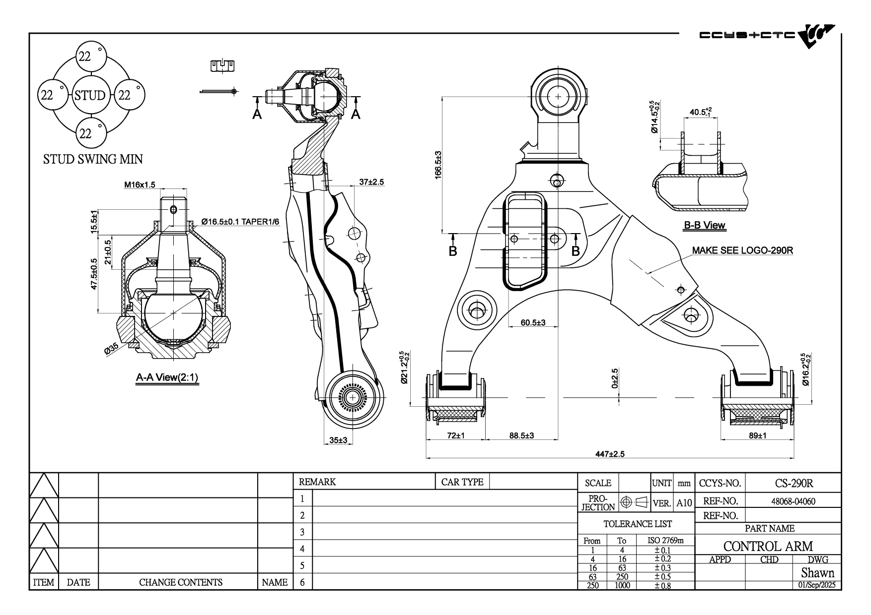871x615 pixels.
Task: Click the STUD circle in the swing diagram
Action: [90, 95]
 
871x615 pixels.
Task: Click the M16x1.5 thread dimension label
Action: [140, 185]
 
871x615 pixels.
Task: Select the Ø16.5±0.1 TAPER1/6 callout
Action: [241, 222]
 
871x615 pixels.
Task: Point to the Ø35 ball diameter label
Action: [111, 348]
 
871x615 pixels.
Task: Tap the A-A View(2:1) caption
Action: [167, 377]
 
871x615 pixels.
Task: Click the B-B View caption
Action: [704, 225]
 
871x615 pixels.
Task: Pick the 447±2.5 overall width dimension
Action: [610, 454]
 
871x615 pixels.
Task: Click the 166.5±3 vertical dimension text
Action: [438, 165]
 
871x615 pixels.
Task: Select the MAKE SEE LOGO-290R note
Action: [742, 250]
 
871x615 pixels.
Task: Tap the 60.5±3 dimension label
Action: [533, 323]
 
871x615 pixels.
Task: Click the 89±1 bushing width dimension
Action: [757, 435]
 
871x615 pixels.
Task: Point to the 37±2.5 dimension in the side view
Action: [371, 182]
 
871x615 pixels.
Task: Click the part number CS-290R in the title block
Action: [794, 483]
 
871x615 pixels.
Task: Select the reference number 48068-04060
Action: [793, 501]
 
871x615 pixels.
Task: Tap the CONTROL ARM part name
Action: [768, 546]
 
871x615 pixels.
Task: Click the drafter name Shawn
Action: [817, 573]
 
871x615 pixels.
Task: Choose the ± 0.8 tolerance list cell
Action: [662, 585]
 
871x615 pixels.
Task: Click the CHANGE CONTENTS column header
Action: [181, 582]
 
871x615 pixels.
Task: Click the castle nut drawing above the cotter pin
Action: [222, 65]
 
